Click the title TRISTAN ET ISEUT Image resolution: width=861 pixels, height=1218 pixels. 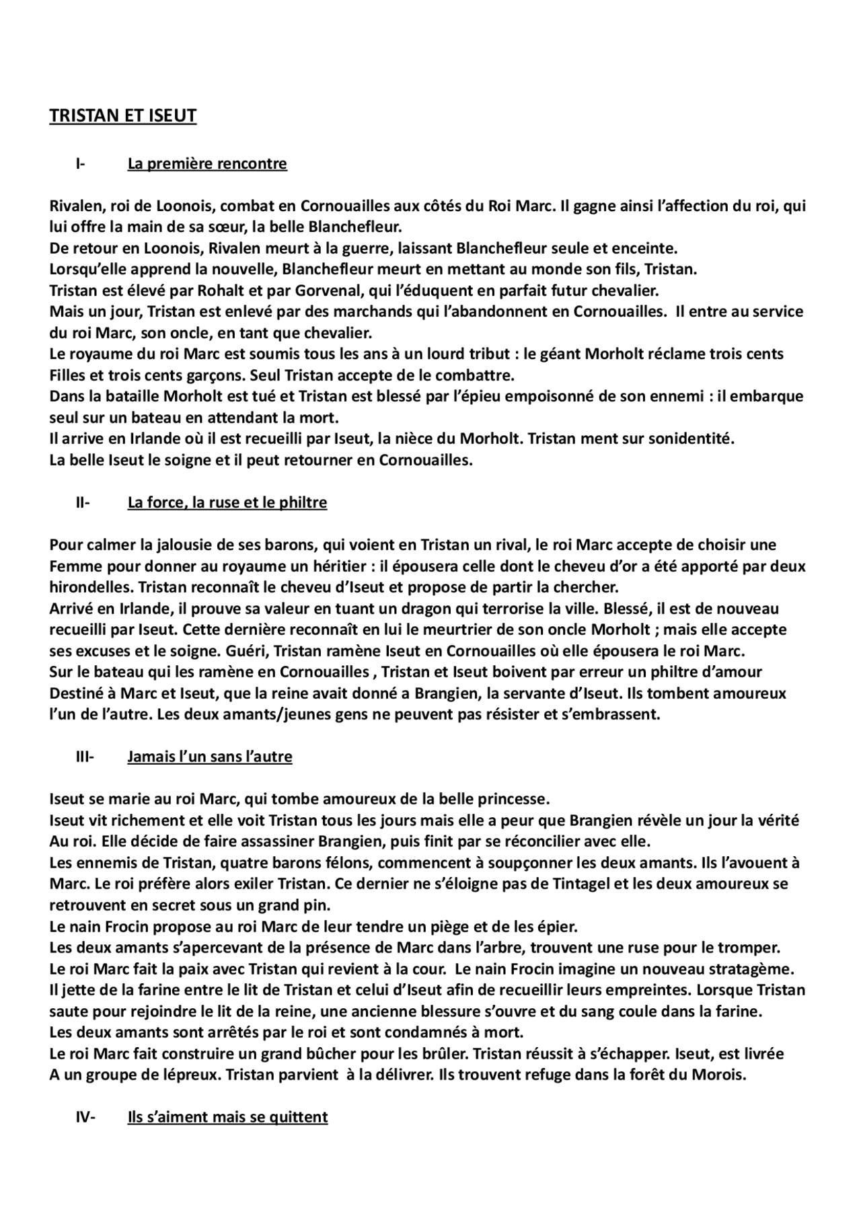coord(122,116)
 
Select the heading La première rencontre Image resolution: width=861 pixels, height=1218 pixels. coord(207,163)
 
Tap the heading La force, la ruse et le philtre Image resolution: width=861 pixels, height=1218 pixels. coord(227,502)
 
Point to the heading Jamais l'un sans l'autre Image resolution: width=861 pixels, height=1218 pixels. coord(210,757)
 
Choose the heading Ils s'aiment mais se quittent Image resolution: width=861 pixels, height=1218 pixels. coord(227,1117)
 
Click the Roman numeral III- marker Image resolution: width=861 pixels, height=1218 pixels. coord(84,757)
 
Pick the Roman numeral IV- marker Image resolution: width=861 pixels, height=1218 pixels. coord(85,1117)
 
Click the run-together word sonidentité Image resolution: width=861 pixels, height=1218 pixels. coord(686,439)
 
